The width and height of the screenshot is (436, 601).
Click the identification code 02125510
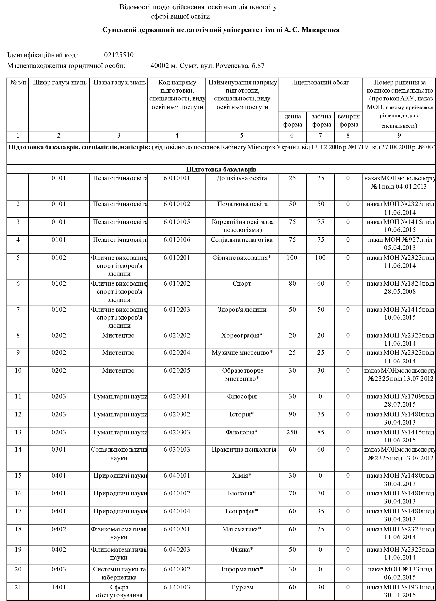pos(119,55)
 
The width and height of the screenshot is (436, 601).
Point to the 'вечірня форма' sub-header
pos(348,121)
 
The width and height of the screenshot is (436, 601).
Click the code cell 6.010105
pos(177,222)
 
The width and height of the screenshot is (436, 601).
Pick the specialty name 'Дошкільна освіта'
pos(242,178)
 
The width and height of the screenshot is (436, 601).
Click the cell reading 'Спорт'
pos(242,284)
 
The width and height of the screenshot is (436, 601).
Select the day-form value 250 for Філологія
pos(292,432)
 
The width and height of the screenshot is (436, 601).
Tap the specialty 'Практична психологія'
pos(244,450)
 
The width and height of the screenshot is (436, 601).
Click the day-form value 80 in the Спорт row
pos(292,284)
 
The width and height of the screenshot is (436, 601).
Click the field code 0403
pos(59,569)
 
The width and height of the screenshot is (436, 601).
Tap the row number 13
pos(18,432)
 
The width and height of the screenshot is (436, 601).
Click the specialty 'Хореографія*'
pos(242,336)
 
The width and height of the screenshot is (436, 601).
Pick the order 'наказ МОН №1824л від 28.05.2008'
pos(400,288)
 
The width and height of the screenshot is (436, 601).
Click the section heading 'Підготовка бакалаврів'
pos(221,169)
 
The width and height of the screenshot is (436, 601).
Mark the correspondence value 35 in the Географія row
pos(321,511)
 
